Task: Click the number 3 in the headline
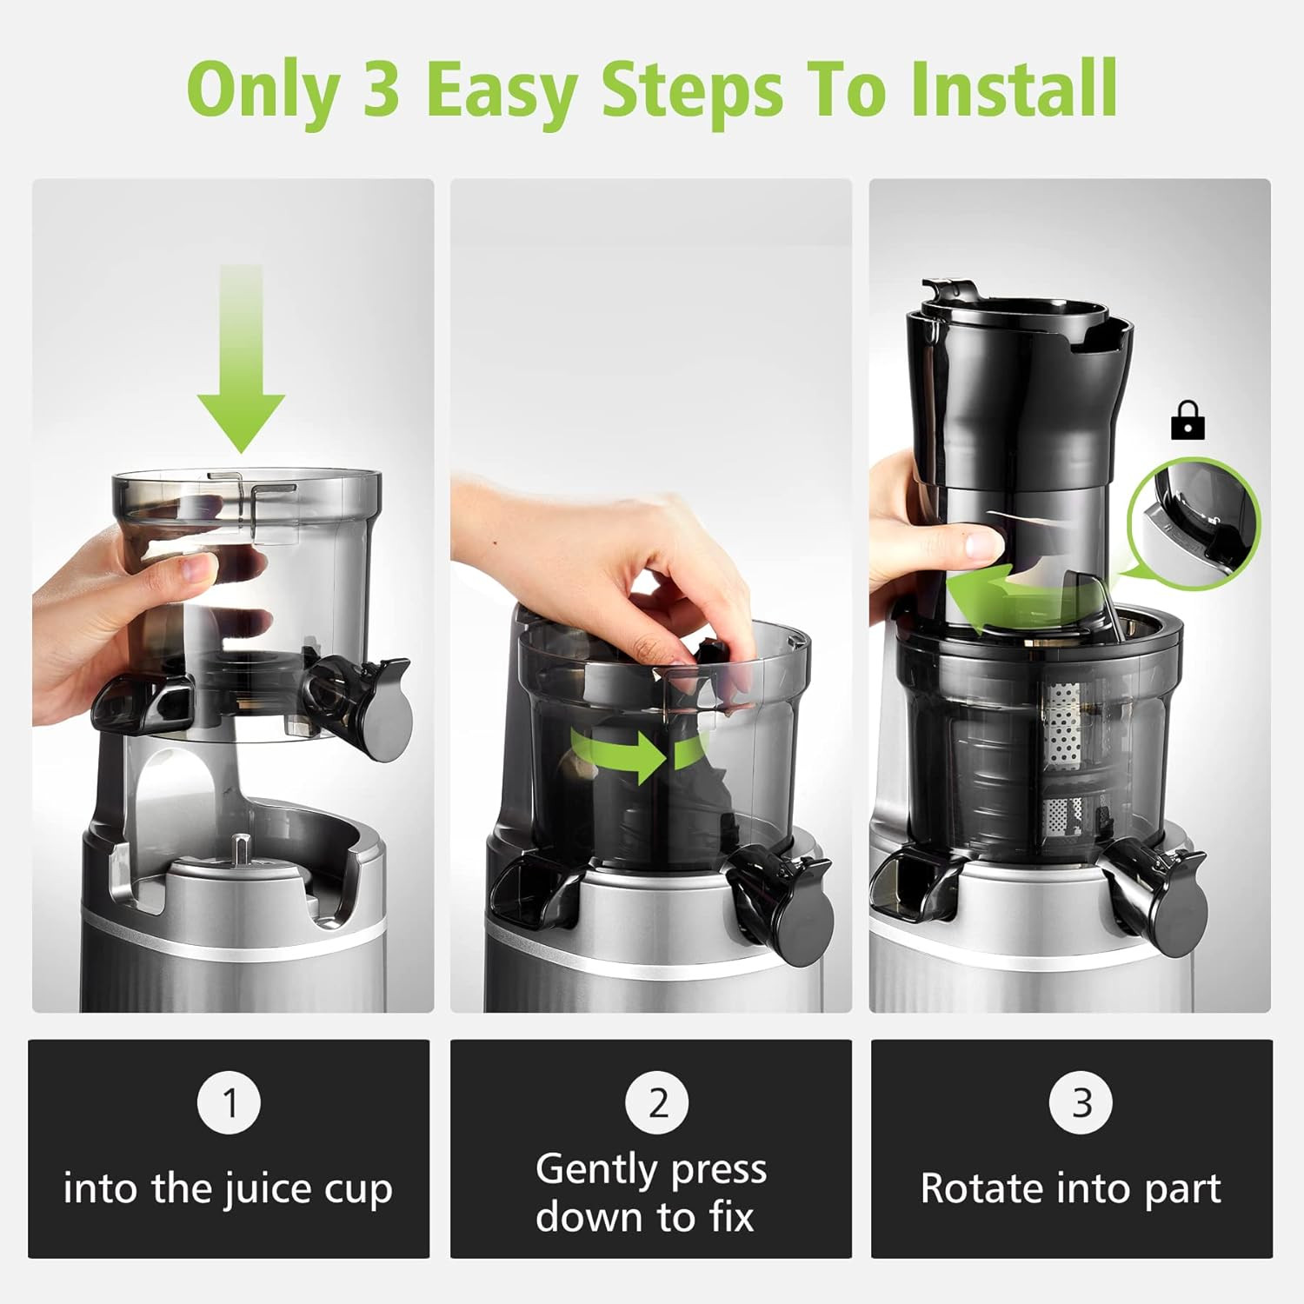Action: click(380, 89)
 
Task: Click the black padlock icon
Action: click(1188, 421)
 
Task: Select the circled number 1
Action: click(230, 1102)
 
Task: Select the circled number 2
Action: click(658, 1102)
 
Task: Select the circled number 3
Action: click(1081, 1102)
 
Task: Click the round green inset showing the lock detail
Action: click(1193, 523)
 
